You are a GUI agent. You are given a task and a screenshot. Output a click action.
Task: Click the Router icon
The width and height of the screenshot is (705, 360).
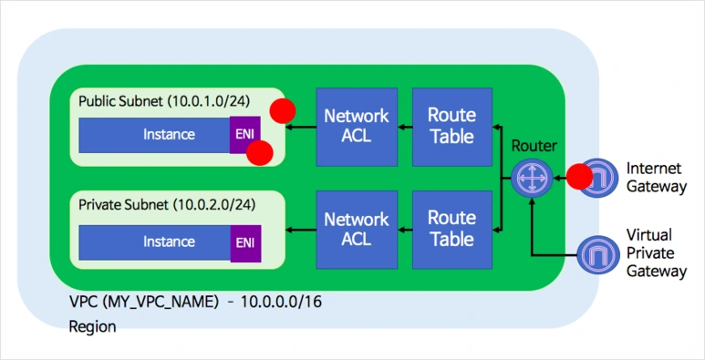pos(532,177)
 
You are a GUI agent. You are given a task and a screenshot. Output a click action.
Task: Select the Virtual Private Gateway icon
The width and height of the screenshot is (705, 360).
pos(598,255)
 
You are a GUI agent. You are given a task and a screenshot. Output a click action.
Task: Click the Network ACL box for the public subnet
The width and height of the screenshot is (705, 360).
pos(357,127)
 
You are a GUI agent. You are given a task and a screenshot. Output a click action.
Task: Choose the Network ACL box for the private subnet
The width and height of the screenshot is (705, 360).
pos(357,230)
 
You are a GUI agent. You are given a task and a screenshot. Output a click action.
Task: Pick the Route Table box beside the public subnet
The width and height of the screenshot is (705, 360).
pos(451,127)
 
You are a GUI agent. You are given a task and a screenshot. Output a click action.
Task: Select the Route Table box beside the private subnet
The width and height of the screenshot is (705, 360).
pos(451,230)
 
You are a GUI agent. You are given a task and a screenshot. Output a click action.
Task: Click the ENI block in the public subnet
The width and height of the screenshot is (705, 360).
pos(245,135)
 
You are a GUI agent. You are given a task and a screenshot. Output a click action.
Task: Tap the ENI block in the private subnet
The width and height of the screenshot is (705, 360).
pos(245,243)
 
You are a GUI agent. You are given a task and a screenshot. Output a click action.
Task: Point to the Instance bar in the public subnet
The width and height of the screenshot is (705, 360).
pos(155,135)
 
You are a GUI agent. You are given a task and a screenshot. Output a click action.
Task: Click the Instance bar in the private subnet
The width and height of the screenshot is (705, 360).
pos(155,242)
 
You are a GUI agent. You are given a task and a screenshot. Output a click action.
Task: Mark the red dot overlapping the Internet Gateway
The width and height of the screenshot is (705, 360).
pos(579,177)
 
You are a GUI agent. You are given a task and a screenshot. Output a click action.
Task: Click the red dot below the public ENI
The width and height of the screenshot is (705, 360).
pos(260,153)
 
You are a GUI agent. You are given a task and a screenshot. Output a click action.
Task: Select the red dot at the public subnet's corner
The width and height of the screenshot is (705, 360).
pos(283,110)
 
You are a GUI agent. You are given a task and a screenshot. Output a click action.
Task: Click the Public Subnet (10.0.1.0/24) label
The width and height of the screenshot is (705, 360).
pos(163,101)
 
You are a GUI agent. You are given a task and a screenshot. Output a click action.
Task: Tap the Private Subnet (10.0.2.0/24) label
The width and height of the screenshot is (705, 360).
pos(167,205)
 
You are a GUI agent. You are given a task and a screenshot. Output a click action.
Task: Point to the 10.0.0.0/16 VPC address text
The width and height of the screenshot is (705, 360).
pos(282,302)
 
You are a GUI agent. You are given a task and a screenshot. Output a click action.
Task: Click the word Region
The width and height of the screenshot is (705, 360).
pos(92,326)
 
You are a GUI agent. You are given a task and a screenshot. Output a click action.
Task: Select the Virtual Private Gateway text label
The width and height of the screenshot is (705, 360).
pos(657,253)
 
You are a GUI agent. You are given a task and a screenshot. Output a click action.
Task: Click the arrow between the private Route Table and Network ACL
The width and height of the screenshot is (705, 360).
pos(405,231)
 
